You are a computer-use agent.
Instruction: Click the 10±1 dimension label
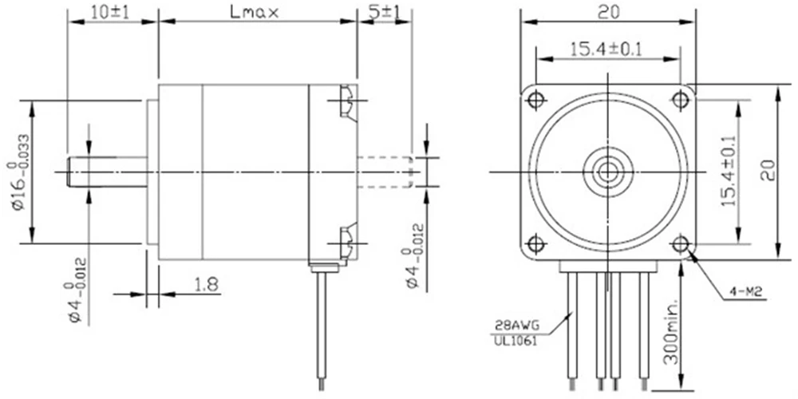[x=110, y=12]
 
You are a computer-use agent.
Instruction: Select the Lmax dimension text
[x=255, y=12]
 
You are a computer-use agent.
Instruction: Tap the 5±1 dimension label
[x=385, y=12]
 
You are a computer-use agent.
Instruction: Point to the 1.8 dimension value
[x=206, y=285]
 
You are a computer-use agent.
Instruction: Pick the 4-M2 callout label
[x=743, y=292]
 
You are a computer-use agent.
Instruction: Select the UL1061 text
[x=514, y=341]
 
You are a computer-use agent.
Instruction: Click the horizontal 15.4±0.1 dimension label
[x=606, y=49]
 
